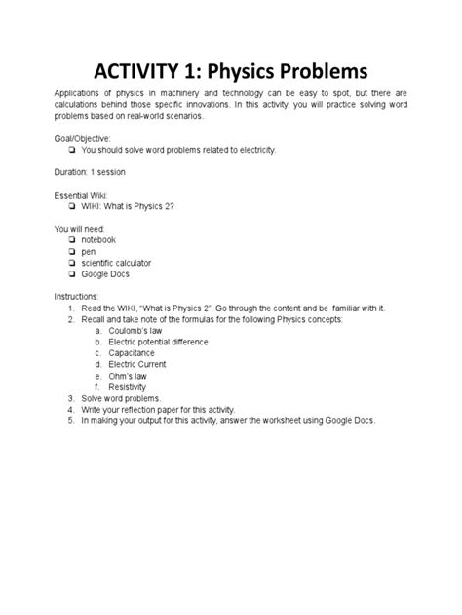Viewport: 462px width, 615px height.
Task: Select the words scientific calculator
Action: tap(116, 263)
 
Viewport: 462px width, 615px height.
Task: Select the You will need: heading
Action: tap(78, 228)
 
